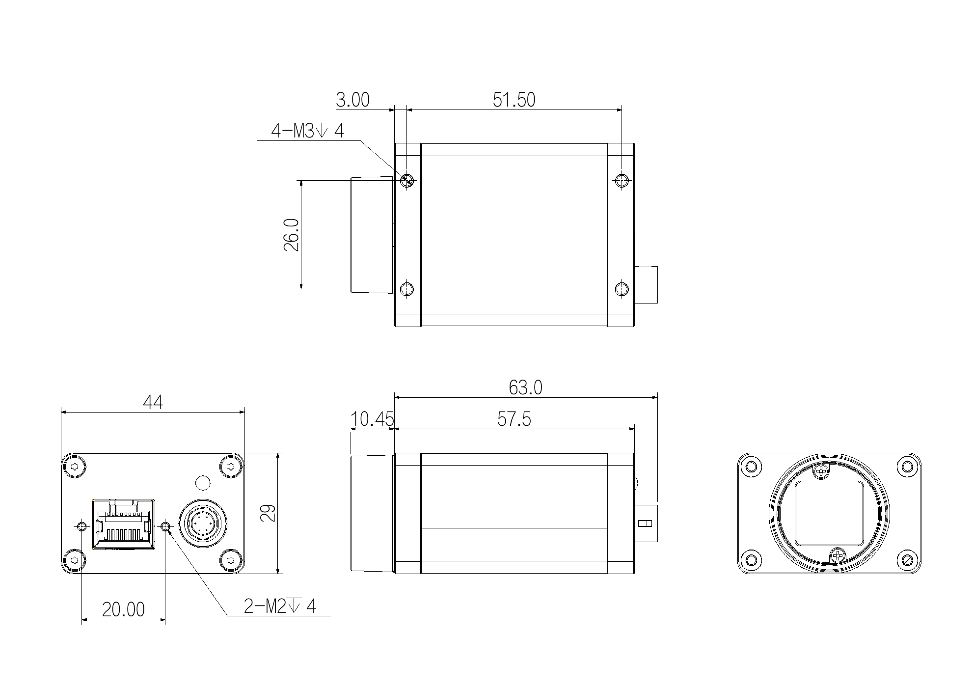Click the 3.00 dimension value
352,100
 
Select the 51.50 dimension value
514,100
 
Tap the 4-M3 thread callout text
308,131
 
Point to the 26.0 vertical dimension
291,235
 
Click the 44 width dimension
153,402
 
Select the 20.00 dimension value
123,609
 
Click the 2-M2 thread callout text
280,606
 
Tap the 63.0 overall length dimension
525,387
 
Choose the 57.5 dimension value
514,419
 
